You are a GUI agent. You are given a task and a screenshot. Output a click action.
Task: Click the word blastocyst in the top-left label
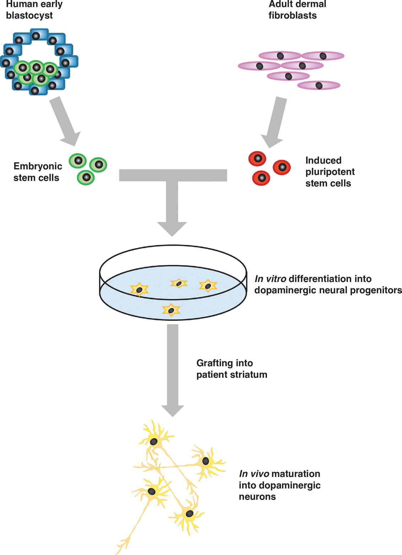29,16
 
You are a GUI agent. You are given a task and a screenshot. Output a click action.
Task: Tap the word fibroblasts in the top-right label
292,16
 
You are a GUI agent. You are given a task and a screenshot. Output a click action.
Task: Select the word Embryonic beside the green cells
38,166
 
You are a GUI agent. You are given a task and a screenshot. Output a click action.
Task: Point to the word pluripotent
330,172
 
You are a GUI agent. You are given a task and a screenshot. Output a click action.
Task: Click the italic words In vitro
270,279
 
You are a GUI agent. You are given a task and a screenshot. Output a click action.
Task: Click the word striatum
249,375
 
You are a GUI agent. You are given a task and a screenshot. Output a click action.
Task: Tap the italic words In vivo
254,474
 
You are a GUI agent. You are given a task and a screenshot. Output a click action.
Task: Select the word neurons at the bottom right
257,497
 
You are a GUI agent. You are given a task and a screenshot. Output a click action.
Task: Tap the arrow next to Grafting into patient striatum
173,370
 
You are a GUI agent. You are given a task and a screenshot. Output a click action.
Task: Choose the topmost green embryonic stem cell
78,161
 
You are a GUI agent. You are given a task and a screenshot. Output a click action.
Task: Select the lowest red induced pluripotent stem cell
261,178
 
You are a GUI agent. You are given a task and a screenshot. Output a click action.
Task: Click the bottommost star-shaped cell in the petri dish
171,310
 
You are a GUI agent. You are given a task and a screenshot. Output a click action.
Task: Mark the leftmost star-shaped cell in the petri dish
139,290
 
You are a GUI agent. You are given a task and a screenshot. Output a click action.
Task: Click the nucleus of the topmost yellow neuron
153,442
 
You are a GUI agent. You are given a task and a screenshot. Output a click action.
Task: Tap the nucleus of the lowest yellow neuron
190,513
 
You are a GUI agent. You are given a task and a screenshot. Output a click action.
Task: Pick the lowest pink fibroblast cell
319,85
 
